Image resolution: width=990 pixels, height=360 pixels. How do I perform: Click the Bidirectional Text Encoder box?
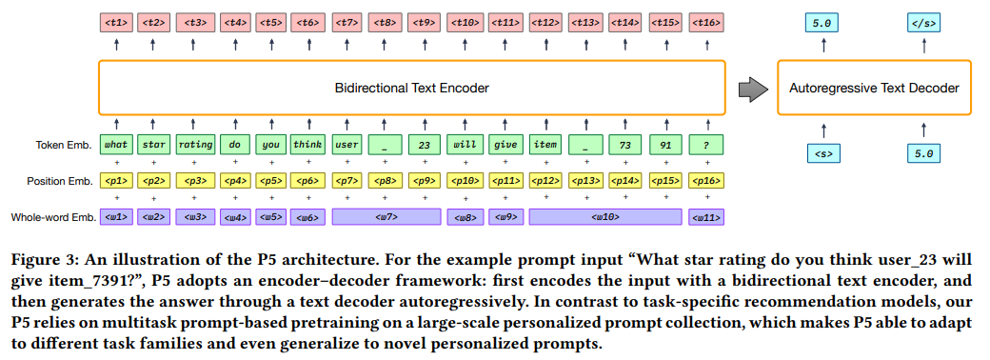click(x=411, y=89)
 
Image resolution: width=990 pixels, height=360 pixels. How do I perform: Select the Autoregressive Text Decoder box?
click(x=874, y=89)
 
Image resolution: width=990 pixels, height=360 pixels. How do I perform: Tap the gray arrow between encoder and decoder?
click(x=753, y=89)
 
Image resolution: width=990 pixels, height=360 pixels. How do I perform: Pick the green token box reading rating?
click(x=194, y=146)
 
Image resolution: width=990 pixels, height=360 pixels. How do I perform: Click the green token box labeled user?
click(x=346, y=146)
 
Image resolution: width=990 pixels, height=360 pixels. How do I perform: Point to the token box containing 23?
click(x=425, y=146)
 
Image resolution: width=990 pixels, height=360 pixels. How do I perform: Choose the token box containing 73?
click(x=625, y=146)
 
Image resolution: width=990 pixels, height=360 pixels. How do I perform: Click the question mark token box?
click(x=704, y=146)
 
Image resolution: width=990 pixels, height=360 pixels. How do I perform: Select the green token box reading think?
click(x=307, y=146)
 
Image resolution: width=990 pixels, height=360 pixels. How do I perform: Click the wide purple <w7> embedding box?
click(x=386, y=217)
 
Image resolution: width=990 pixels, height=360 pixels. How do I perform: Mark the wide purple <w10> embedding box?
click(x=605, y=217)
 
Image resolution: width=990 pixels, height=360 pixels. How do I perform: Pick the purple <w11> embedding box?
click(x=705, y=217)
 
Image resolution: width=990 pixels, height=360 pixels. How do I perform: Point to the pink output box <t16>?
click(x=704, y=21)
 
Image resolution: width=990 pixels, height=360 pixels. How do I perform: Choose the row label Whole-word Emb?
click(x=54, y=217)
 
